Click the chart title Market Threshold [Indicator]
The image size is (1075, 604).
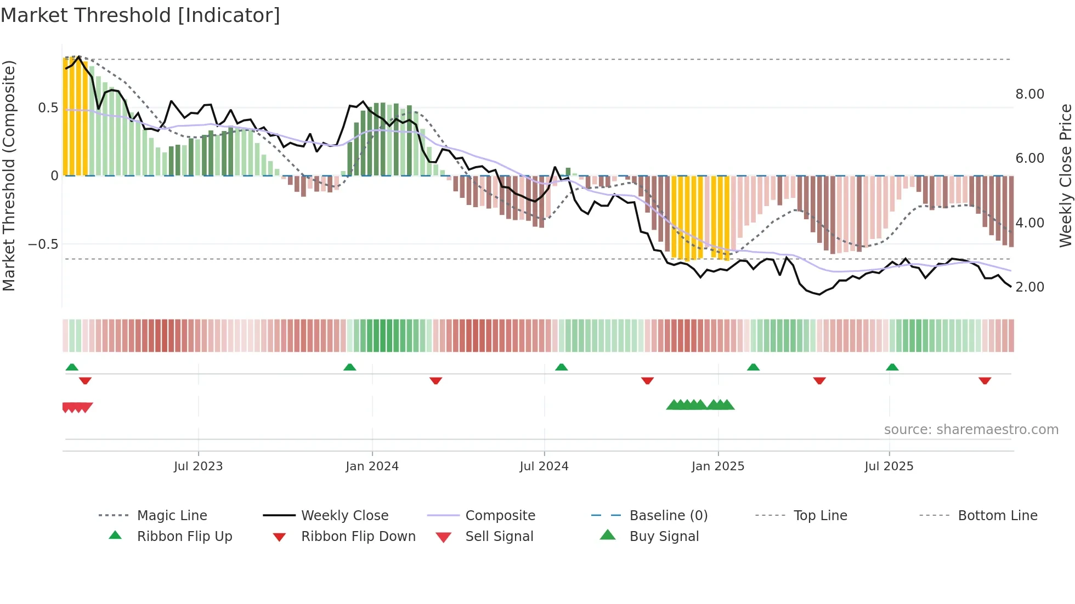(x=140, y=15)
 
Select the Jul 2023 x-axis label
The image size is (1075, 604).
(x=198, y=466)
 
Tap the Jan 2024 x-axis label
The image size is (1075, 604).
(x=372, y=466)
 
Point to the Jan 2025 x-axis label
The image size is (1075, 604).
(x=717, y=466)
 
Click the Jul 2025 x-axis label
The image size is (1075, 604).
(x=889, y=466)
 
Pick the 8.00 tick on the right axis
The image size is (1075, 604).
(x=1029, y=94)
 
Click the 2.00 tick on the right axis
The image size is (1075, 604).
(x=1029, y=287)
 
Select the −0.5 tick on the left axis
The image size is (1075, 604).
(x=43, y=244)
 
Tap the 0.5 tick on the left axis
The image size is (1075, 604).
(x=48, y=108)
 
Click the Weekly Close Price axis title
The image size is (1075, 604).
(x=1065, y=175)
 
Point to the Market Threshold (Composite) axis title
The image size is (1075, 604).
(x=9, y=175)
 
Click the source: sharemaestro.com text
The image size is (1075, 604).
(x=971, y=430)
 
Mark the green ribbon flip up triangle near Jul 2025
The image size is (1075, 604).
(x=892, y=367)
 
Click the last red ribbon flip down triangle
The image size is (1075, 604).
(x=985, y=380)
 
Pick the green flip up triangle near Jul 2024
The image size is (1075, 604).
(x=561, y=367)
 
